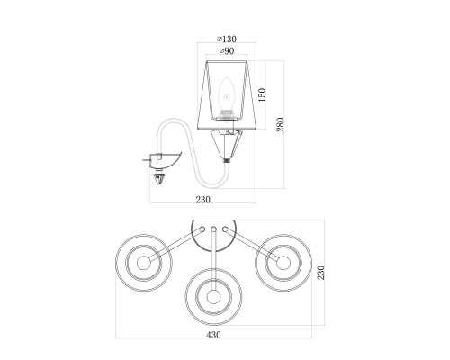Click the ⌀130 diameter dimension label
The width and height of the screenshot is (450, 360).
[227, 39]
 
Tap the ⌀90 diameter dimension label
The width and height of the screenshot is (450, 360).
[227, 51]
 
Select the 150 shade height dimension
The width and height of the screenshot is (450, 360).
[262, 94]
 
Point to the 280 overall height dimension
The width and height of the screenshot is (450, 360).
[280, 124]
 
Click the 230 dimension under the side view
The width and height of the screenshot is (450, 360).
[203, 200]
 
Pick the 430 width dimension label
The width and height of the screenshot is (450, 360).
[213, 335]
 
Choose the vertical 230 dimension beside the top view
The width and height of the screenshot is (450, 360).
[321, 273]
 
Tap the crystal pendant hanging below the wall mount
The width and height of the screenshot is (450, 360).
[159, 179]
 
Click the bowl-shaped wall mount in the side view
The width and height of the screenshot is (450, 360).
[165, 160]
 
